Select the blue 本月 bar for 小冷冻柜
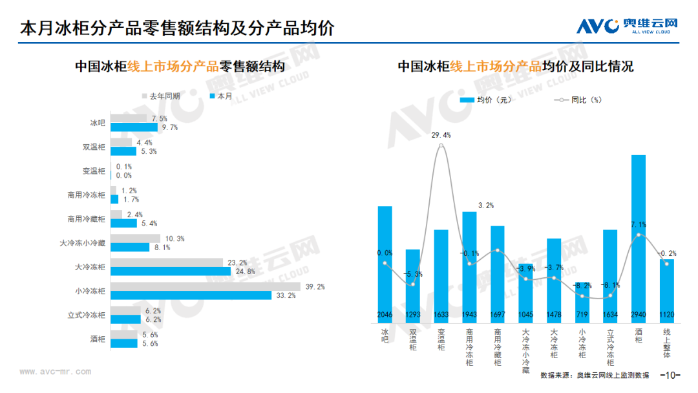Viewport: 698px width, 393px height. (x=191, y=295)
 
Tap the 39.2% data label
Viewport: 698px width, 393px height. (x=315, y=286)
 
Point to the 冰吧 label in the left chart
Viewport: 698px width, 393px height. (x=97, y=123)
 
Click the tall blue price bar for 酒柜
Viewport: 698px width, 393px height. (x=639, y=233)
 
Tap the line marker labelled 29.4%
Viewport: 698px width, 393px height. (x=441, y=145)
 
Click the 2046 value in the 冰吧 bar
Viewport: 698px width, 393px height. (x=385, y=315)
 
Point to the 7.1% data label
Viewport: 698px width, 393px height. (x=638, y=224)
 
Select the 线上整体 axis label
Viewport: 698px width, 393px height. (x=667, y=343)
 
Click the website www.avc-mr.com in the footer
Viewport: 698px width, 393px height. (x=55, y=372)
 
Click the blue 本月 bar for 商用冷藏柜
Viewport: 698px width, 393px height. (x=123, y=223)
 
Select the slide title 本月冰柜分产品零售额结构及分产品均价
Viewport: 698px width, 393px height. (x=177, y=28)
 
